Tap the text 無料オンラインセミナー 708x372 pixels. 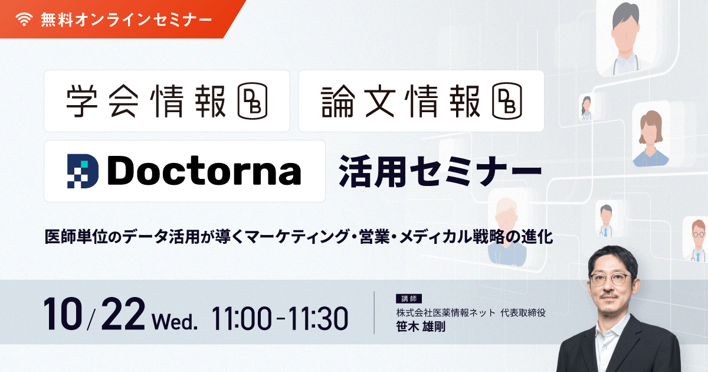click(126, 19)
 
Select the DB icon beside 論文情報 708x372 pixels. click(507, 101)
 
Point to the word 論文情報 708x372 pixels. click(401, 101)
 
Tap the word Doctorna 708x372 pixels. click(204, 171)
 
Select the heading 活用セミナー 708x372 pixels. click(439, 171)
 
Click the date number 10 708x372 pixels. click(62, 316)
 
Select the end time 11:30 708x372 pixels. click(319, 319)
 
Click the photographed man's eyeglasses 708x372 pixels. click(610, 279)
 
